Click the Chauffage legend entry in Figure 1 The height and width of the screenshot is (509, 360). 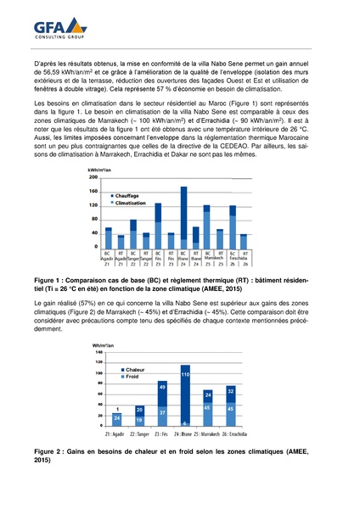[130, 195]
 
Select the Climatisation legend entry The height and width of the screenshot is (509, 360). [133, 204]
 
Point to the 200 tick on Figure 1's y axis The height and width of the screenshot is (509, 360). [93, 177]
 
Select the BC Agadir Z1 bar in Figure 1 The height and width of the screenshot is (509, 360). [107, 238]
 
